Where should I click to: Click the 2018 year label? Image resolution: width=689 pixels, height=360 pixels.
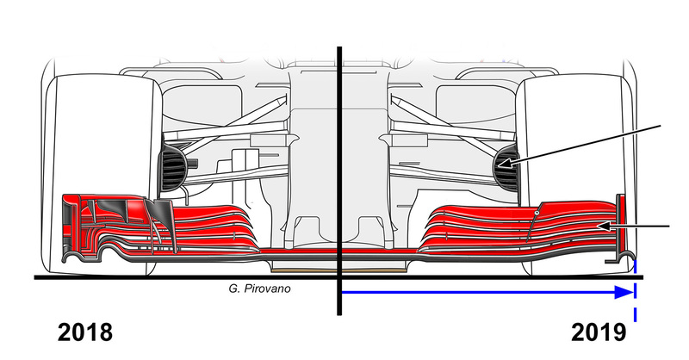coord(84,332)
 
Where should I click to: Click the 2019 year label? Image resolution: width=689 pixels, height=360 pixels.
coord(599,332)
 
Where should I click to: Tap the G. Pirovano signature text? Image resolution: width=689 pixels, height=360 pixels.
coord(259,289)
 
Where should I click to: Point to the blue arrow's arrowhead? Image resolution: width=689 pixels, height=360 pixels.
coord(624,292)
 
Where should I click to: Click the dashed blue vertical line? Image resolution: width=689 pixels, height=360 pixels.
coord(635,289)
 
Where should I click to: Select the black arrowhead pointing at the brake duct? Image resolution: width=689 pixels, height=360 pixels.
coord(506,164)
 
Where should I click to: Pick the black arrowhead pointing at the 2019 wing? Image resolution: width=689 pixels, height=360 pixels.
coord(605,227)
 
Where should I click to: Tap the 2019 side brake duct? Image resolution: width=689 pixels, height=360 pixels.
coord(506,167)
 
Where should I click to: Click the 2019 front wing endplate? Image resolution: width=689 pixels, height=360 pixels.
coord(621,227)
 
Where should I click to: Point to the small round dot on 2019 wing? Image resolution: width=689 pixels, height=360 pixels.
coord(537,214)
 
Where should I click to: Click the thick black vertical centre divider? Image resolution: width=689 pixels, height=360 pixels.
coord(339,181)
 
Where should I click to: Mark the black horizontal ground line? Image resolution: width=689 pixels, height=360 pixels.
coord(338,277)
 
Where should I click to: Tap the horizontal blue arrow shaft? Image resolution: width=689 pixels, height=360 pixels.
coord(479,292)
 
